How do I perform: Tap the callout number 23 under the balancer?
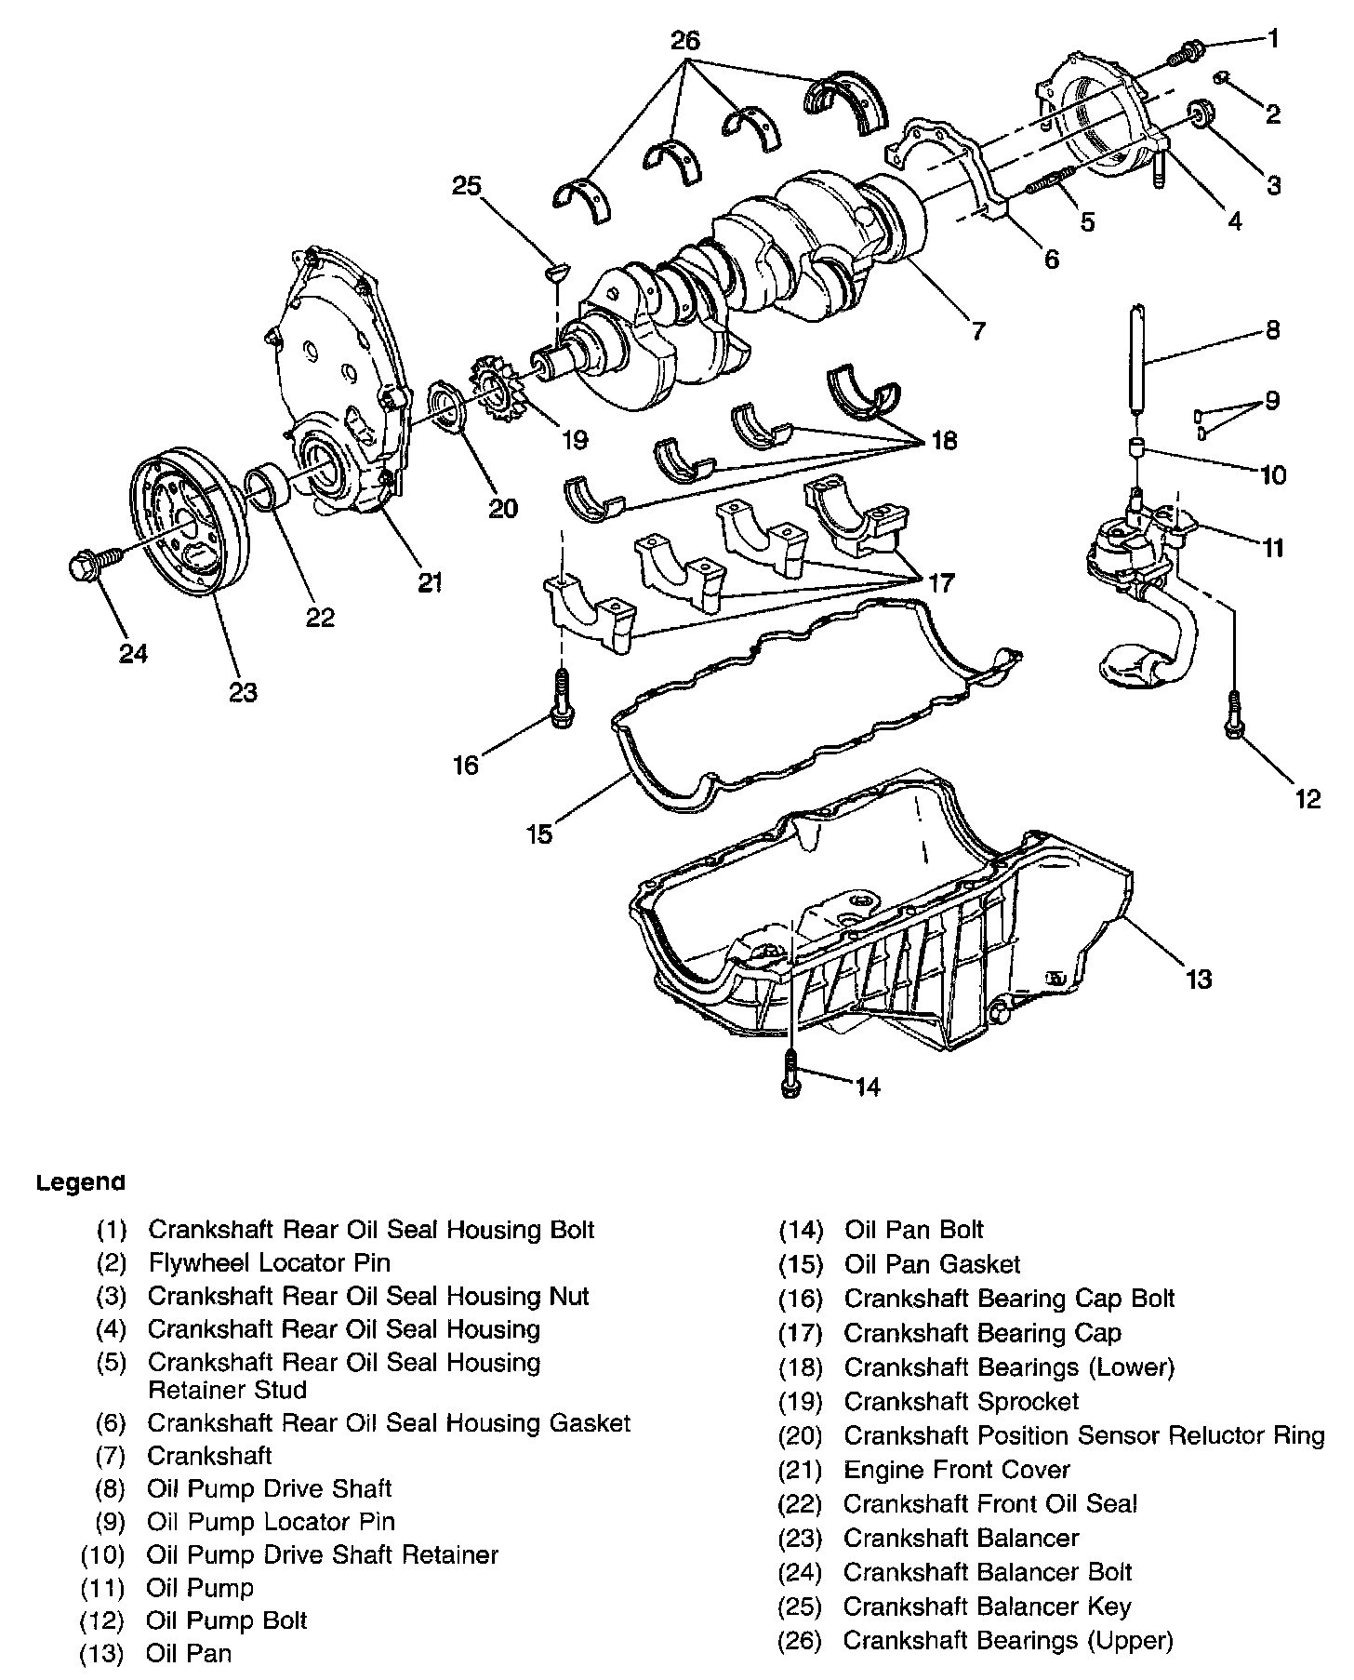[x=243, y=692]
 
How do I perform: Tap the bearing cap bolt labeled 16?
[x=562, y=702]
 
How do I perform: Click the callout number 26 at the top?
[x=685, y=40]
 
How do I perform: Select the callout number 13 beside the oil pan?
[x=1199, y=979]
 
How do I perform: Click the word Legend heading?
[x=80, y=1183]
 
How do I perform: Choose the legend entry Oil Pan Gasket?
[x=932, y=1264]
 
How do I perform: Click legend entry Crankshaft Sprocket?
[x=961, y=1401]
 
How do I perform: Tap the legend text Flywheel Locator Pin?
[x=270, y=1262]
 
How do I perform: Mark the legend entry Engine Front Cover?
[x=956, y=1470]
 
